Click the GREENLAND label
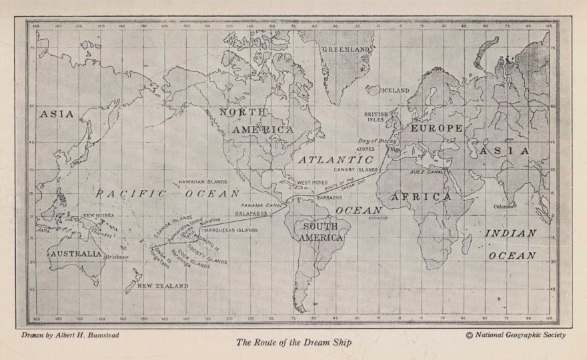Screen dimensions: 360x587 point(346,50)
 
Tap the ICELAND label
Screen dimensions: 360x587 point(396,90)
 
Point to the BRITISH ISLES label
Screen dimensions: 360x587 point(376,117)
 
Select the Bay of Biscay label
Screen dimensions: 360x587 point(377,141)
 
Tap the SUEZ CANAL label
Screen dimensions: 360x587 point(428,172)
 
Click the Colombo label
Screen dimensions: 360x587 point(504,206)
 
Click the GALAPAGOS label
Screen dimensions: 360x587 point(251,213)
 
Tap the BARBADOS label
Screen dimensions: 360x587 point(330,197)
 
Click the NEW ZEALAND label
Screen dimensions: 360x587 point(163,285)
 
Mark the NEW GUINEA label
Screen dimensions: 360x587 point(99,215)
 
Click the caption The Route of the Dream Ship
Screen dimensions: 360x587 point(293,343)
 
